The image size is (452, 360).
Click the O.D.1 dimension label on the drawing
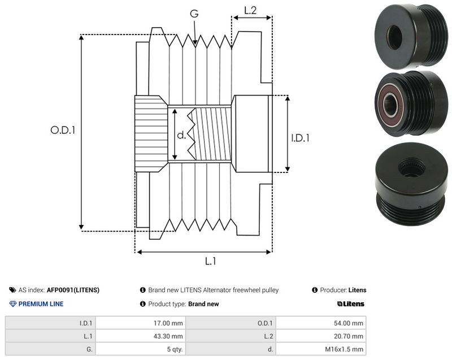63,130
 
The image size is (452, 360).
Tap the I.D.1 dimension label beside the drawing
300,138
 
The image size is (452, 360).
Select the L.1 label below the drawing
210,261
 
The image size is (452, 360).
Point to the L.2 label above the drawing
250,10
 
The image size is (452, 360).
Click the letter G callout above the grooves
194,13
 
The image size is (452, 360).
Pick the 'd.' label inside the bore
181,135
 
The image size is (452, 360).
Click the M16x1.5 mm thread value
344,349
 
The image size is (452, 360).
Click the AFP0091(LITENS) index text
73,290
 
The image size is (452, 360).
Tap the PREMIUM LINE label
41,304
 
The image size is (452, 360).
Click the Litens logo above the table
350,304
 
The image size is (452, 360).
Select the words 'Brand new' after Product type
203,304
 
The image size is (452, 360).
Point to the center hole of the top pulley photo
394,37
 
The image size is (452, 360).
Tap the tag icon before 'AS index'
12,290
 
